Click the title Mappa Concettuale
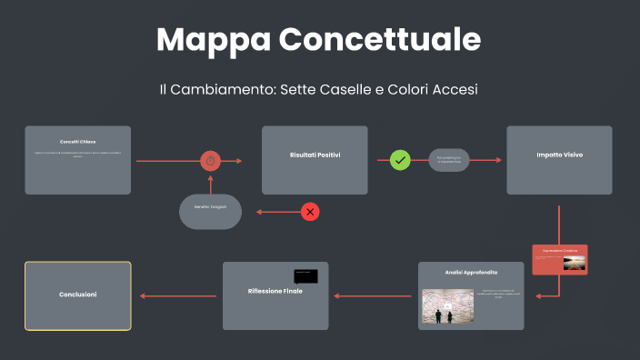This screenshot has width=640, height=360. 319,40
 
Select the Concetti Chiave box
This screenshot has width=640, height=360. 78,160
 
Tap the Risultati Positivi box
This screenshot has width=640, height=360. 315,160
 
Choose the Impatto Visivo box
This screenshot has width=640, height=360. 559,160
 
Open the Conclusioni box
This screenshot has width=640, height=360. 78,295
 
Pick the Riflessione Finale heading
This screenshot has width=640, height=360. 275,291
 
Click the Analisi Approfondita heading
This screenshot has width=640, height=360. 471,272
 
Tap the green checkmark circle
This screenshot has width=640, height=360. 400,160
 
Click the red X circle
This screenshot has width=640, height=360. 310,212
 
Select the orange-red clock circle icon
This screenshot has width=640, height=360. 210,161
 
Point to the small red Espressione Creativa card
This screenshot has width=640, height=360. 560,259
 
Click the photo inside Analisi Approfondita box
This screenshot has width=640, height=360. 447,306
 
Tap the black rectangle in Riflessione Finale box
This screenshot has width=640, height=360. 305,275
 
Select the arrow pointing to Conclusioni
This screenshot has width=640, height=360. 177,295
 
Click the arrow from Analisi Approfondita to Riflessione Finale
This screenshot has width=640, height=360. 374,295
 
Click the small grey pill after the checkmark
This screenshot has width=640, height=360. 449,160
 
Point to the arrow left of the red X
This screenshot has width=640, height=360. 276,212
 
